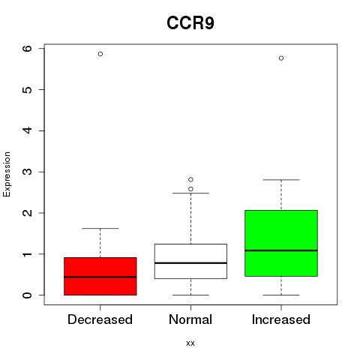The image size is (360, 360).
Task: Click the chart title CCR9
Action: pos(190,23)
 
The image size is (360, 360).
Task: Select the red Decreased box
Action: pos(100,276)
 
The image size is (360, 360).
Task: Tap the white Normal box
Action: pos(190,261)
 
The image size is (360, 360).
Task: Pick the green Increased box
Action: pos(281,243)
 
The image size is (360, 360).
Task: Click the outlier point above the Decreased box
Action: pos(100,54)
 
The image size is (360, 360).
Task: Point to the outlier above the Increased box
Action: pos(281,58)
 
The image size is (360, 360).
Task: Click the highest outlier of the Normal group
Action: pos(190,179)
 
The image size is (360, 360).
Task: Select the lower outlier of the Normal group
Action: pos(190,189)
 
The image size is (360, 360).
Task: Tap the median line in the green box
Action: pos(281,250)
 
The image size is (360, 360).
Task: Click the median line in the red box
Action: pos(100,277)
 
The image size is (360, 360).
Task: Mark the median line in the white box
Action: pos(190,263)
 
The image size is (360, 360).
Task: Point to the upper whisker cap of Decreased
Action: pos(100,228)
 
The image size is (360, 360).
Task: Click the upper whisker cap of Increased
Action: pos(281,180)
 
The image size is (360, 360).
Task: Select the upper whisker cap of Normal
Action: pos(190,193)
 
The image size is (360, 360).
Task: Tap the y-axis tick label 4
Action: pos(28,130)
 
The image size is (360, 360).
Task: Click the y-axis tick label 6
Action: pos(28,48)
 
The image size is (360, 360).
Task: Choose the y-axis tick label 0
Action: pos(28,295)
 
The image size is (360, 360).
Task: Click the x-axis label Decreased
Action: pos(100,319)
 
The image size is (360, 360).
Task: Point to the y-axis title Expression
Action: pos(7,174)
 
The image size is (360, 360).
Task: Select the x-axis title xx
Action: pos(190,343)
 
